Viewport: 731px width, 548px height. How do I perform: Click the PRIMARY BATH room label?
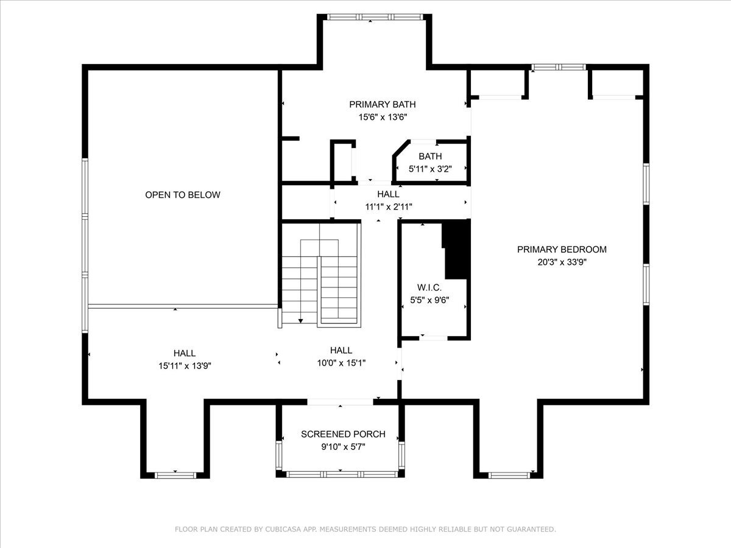383,105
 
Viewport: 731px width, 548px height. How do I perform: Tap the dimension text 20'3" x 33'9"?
562,262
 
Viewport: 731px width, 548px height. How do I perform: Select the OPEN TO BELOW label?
183,195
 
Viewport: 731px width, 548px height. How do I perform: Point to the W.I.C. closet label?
429,287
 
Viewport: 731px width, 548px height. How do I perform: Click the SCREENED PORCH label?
343,434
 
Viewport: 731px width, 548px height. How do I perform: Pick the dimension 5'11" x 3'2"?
430,169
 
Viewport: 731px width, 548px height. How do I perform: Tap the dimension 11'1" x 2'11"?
389,207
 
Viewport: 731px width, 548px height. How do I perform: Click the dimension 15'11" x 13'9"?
185,366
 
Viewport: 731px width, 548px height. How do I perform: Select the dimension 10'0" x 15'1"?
341,363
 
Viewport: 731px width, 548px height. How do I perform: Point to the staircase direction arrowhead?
300,321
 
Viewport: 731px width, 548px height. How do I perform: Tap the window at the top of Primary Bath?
375,17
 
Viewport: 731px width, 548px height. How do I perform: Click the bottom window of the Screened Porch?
342,474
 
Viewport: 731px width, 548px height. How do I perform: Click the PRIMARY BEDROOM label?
562,250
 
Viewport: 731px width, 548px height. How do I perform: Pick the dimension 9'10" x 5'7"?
343,447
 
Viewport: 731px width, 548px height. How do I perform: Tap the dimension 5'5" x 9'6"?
429,300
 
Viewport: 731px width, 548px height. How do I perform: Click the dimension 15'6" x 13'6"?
383,117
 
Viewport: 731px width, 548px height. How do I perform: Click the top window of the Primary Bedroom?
559,67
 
